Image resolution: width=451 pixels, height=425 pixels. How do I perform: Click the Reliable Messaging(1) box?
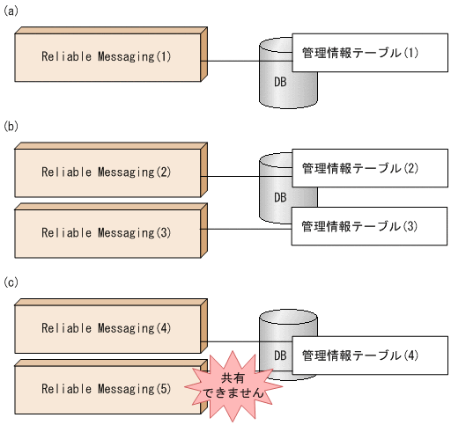pos(107,57)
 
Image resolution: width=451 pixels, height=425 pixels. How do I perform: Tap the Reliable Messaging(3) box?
pos(107,232)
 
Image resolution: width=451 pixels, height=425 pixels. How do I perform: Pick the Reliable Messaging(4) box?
pos(107,329)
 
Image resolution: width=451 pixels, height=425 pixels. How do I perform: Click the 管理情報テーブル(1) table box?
pos(359,54)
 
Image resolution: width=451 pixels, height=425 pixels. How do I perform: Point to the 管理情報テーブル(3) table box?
pos(359,226)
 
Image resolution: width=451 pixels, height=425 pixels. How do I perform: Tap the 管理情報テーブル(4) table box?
pos(359,355)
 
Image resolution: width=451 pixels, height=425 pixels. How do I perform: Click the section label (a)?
pos(11,11)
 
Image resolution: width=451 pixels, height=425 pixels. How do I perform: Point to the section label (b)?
pos(11,127)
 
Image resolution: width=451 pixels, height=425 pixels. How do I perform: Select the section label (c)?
pos(11,282)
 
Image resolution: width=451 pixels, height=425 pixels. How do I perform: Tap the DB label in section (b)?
pos(279,197)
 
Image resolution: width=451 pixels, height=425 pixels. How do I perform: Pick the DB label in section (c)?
pos(279,354)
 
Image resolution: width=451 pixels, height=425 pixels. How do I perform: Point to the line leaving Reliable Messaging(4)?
pos(233,343)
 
